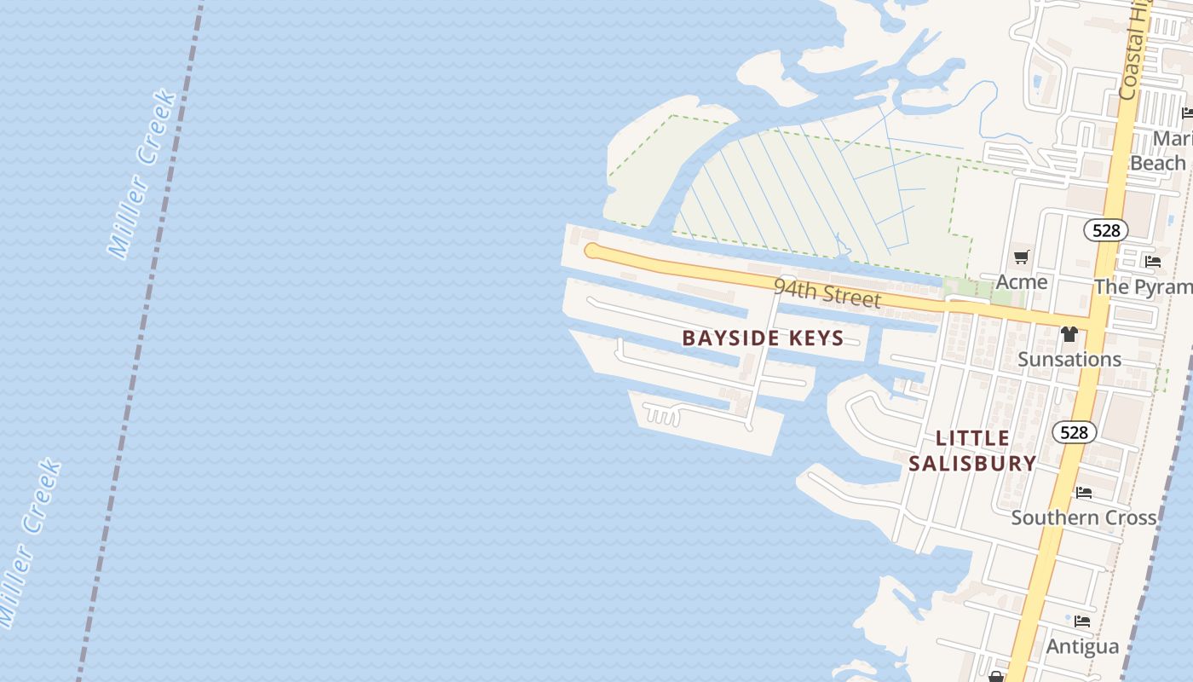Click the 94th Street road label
827,292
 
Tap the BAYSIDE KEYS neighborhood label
763,338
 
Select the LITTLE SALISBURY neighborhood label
972,451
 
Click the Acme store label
1022,281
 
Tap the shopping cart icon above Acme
1021,257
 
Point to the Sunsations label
1069,359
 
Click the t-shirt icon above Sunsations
1069,334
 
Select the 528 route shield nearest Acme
1106,230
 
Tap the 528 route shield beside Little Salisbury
1074,432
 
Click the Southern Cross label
1084,517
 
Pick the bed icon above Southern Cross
1084,493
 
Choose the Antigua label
1082,646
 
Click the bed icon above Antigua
1082,621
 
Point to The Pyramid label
1143,286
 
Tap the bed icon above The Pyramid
1153,262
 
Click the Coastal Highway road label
1134,51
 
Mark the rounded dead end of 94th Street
591,251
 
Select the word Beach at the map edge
1157,163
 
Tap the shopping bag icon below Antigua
995,677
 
